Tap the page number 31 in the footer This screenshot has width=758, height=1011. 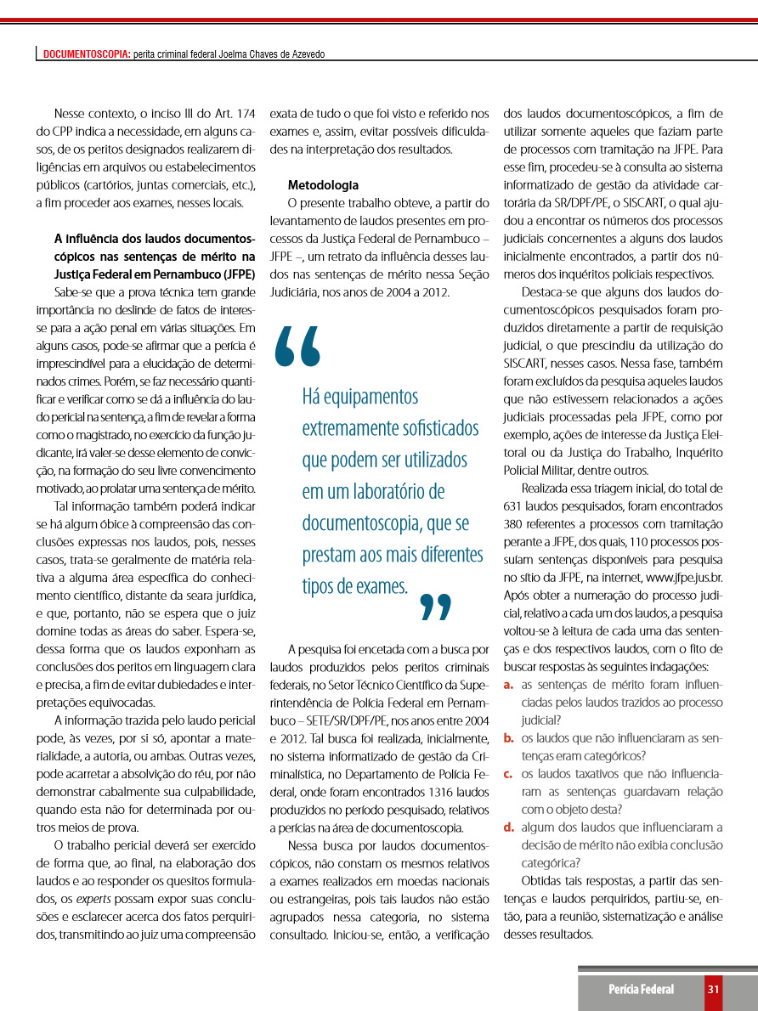tap(714, 989)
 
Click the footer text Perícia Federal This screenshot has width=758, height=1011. tap(641, 989)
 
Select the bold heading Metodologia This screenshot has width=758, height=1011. tap(323, 184)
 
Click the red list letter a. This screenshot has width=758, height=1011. tap(507, 684)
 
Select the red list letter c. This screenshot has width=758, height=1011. tap(507, 773)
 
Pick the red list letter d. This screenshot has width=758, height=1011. tap(507, 827)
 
